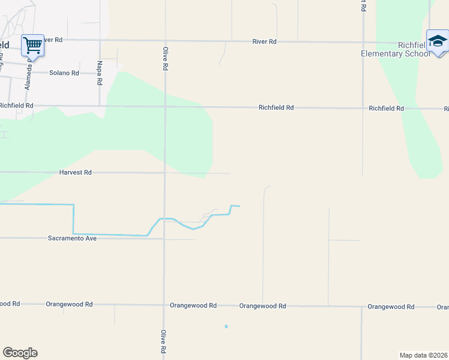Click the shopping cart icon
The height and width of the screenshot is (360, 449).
(32, 44)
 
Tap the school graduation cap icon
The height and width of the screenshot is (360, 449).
(437, 41)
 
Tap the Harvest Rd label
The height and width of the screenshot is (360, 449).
(75, 173)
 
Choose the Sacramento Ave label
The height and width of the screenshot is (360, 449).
(72, 238)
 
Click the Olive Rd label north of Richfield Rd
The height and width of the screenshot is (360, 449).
(164, 58)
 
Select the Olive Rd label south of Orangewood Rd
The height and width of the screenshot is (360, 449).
(163, 340)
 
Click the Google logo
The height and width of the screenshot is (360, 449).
(20, 353)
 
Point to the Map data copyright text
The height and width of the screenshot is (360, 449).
(423, 355)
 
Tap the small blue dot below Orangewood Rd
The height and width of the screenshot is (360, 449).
(226, 326)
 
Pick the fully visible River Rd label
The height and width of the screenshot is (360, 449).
(264, 41)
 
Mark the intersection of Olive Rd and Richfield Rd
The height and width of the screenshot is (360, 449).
(165, 107)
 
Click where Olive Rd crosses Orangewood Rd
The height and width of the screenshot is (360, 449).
(164, 305)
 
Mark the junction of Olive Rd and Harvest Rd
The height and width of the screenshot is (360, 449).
(164, 173)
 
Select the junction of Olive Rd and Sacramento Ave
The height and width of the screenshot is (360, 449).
(164, 239)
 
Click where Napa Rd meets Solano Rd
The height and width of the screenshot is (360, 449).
(100, 73)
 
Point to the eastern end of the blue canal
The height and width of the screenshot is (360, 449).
(240, 206)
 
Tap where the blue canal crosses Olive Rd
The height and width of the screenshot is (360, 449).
(164, 218)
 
